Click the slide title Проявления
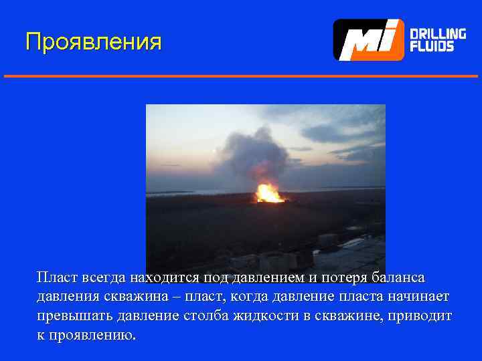tap(93, 41)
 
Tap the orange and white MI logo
tap(369, 40)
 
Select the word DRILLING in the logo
tap(437, 33)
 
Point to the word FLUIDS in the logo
tap(432, 47)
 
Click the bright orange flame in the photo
tap(269, 193)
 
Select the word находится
tap(164, 277)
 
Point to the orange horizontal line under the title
tap(241, 76)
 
